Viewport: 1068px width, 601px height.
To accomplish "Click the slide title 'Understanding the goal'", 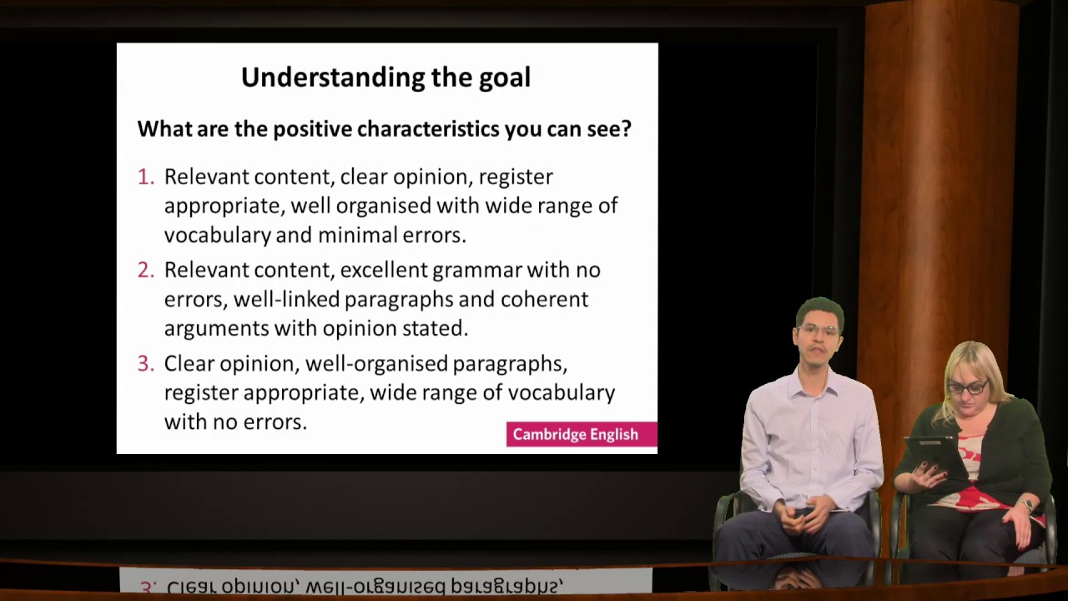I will pyautogui.click(x=385, y=78).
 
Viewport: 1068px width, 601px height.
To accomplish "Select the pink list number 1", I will pyautogui.click(x=146, y=177).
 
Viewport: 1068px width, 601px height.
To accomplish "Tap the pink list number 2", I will pyautogui.click(x=146, y=270).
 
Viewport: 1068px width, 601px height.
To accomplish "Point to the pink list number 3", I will pyautogui.click(x=146, y=364).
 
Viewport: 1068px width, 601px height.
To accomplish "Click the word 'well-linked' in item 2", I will pyautogui.click(x=288, y=300).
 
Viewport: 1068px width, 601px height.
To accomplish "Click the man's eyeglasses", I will pyautogui.click(x=818, y=331).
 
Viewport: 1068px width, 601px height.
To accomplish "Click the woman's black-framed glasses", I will pyautogui.click(x=967, y=387).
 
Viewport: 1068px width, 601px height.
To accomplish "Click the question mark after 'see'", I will pyautogui.click(x=626, y=129).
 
